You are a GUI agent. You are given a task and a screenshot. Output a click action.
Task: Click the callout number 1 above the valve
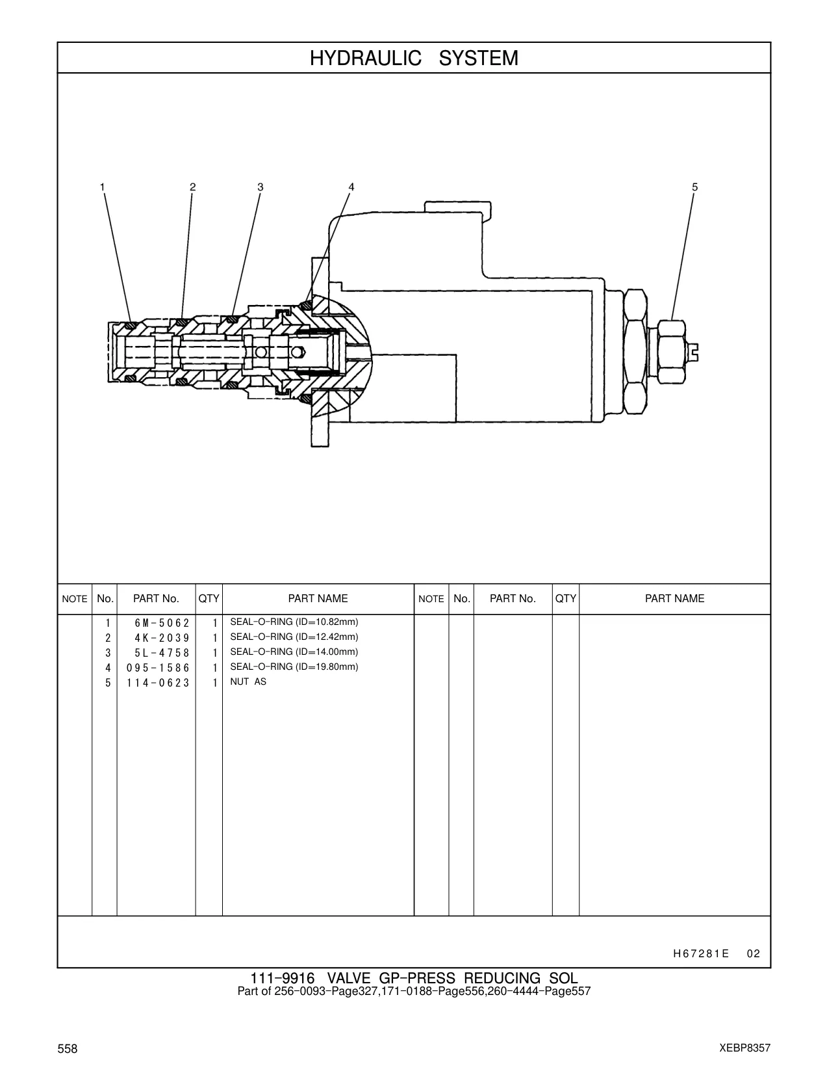coord(103,187)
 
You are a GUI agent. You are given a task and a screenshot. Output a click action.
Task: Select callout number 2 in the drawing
coord(193,187)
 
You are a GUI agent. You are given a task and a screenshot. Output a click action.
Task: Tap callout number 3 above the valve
coord(261,187)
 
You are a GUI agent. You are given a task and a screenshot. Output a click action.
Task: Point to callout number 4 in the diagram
coord(351,187)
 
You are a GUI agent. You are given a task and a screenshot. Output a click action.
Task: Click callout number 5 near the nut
coord(695,187)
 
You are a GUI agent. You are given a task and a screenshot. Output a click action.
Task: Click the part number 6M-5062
coord(162,623)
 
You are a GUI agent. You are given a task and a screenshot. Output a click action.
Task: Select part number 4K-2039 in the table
coord(162,638)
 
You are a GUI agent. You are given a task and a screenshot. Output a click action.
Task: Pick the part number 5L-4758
coord(162,653)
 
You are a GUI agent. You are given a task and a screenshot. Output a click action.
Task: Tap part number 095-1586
coord(158,668)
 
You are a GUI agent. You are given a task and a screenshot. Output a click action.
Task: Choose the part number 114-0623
coord(158,683)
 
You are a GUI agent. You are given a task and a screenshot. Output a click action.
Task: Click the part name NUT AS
coord(248,682)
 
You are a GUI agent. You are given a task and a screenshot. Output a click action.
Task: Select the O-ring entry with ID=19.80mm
coord(294,667)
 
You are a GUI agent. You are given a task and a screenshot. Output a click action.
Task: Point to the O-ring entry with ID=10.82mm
coord(294,622)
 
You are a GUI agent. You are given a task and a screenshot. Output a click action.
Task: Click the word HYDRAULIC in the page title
coord(365,59)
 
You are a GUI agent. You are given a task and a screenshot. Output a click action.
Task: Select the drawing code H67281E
coord(701,953)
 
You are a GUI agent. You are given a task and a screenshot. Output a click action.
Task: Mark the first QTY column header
coord(209,598)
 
